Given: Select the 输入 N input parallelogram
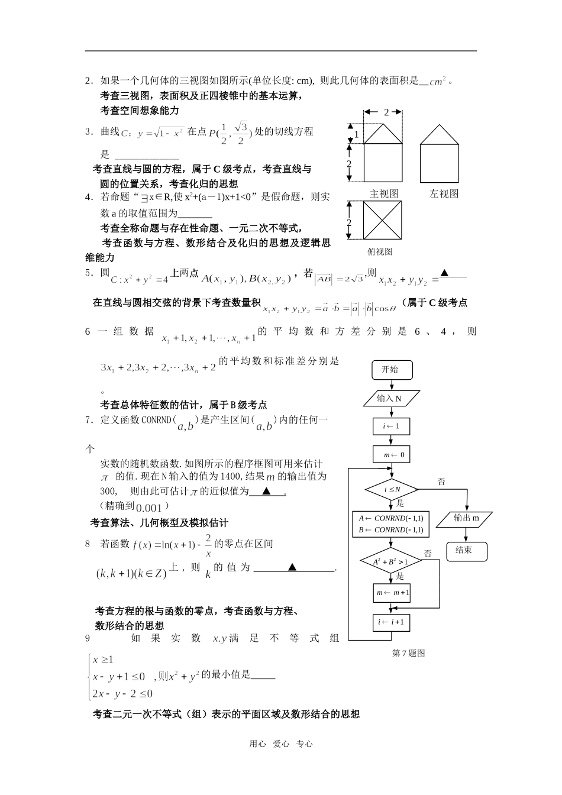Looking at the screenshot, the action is [x=390, y=398].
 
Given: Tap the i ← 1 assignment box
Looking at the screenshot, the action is [x=391, y=426].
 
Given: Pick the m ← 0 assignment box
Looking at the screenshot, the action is [x=391, y=455].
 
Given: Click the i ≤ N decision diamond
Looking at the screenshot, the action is [x=392, y=489].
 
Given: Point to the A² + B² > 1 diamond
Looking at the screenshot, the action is [x=390, y=561].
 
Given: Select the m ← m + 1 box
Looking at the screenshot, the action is [x=392, y=593].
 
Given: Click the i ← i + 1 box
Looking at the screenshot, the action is [x=392, y=622].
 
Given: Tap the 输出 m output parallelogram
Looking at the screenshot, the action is [x=466, y=519].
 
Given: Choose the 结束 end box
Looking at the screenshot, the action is [x=467, y=550].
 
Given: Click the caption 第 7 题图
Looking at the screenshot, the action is [x=409, y=653].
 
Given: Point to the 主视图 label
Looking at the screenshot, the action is [x=384, y=193].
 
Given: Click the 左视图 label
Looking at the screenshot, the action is [x=444, y=193].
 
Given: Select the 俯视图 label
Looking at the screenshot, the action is [x=380, y=251].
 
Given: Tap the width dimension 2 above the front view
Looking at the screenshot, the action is [x=386, y=112].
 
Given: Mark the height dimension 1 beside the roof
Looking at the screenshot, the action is [x=356, y=134].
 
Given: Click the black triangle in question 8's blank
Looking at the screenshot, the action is [x=292, y=567].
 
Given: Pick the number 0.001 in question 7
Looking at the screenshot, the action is [x=148, y=508].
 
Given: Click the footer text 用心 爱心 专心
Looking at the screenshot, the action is [x=281, y=744].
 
